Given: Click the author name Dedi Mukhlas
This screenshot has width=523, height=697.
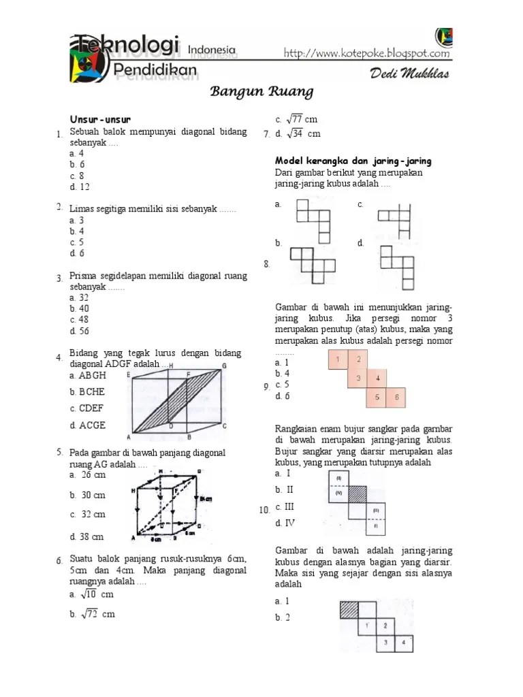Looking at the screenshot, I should tap(409, 74).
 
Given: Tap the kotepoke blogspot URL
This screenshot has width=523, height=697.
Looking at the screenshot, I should tap(366, 53).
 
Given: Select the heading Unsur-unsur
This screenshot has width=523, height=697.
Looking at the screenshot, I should tap(99, 120).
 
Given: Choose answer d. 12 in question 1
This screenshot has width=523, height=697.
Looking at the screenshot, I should tap(79, 187).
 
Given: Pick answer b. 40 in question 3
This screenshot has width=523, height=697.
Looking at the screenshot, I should tap(79, 308).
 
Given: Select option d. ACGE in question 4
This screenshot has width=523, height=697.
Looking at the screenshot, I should tap(87, 425).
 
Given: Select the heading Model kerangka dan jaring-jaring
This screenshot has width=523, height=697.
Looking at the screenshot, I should tap(353, 161).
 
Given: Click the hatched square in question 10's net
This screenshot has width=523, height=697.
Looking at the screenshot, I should tap(358, 493).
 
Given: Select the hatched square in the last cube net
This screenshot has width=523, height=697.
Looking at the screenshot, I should tap(349, 609).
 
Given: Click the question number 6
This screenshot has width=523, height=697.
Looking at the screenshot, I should tap(60, 561).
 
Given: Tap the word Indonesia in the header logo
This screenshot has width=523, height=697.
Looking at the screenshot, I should tap(211, 49).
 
